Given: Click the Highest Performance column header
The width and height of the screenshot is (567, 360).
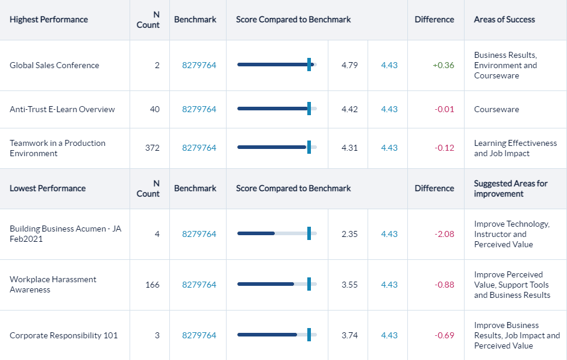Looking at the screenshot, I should click(x=49, y=19).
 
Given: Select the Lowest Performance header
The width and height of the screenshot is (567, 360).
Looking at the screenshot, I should click(x=48, y=188).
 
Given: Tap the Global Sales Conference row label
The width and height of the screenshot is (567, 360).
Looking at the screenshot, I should click(x=54, y=65).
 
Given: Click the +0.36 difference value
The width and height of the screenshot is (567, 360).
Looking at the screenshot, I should click(x=443, y=65).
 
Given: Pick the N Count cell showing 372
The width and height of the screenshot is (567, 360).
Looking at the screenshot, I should click(x=152, y=148).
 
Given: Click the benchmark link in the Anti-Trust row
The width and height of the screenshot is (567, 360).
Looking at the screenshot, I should click(x=199, y=109).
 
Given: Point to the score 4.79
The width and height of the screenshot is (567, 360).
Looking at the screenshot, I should click(x=349, y=65).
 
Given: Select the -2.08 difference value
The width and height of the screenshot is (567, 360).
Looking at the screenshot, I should click(x=444, y=234).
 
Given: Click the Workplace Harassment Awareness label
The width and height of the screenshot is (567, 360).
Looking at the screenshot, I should click(x=53, y=285).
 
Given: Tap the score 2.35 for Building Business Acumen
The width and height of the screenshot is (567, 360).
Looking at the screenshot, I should click(x=349, y=234).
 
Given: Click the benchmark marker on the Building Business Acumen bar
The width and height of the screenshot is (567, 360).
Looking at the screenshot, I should click(x=309, y=234).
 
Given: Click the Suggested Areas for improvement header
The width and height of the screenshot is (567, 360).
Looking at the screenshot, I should click(x=510, y=188).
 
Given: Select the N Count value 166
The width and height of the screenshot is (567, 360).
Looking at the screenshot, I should click(x=152, y=285).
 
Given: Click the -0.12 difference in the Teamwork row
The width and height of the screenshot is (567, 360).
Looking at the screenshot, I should click(x=444, y=148).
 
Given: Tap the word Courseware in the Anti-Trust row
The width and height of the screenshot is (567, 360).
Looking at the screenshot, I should click(x=497, y=109).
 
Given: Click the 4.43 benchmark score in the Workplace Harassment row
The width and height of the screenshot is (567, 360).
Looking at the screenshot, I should click(x=389, y=285).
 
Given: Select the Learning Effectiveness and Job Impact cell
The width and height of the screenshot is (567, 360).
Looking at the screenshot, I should click(x=515, y=148).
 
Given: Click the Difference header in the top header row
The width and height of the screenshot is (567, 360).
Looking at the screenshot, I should click(x=434, y=19).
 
